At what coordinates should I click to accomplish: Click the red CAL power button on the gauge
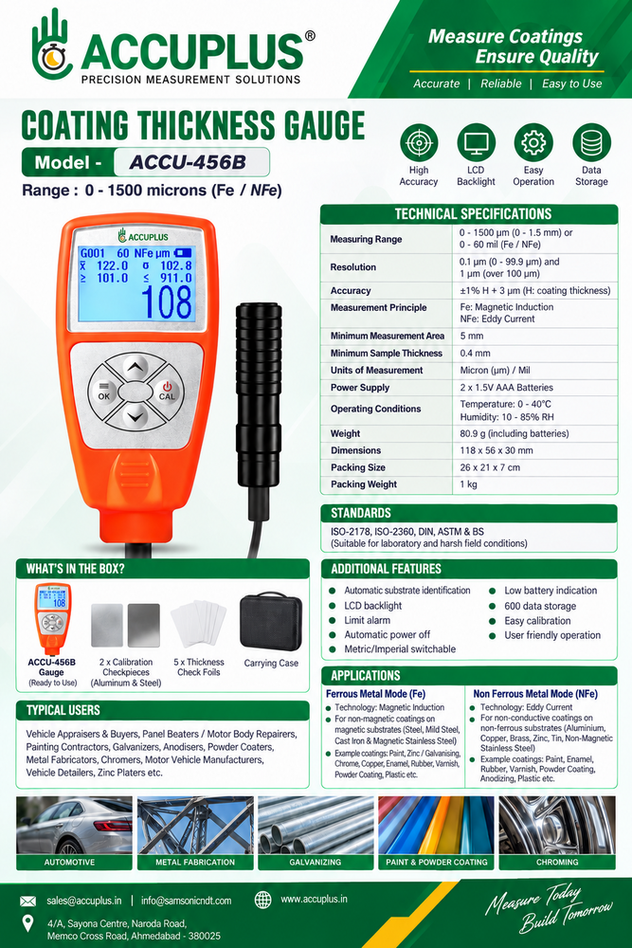(166, 392)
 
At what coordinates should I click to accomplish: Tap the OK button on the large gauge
(104, 392)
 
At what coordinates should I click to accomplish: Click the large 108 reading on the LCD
(166, 301)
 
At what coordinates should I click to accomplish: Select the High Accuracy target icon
(419, 143)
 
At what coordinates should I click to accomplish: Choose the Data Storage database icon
(591, 143)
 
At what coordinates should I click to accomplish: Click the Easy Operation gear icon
(533, 143)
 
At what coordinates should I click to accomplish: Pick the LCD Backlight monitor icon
(476, 143)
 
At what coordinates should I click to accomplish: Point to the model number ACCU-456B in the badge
(188, 163)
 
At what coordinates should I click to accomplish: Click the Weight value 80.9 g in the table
(515, 433)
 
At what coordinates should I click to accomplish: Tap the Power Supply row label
(360, 388)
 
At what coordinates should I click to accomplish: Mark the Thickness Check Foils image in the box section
(198, 624)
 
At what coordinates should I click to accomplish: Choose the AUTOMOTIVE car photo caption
(69, 862)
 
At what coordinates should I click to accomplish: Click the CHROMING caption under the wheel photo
(557, 862)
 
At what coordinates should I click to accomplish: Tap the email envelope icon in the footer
(27, 901)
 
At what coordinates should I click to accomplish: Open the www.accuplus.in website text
(315, 899)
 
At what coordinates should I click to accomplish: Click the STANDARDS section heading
(361, 513)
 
